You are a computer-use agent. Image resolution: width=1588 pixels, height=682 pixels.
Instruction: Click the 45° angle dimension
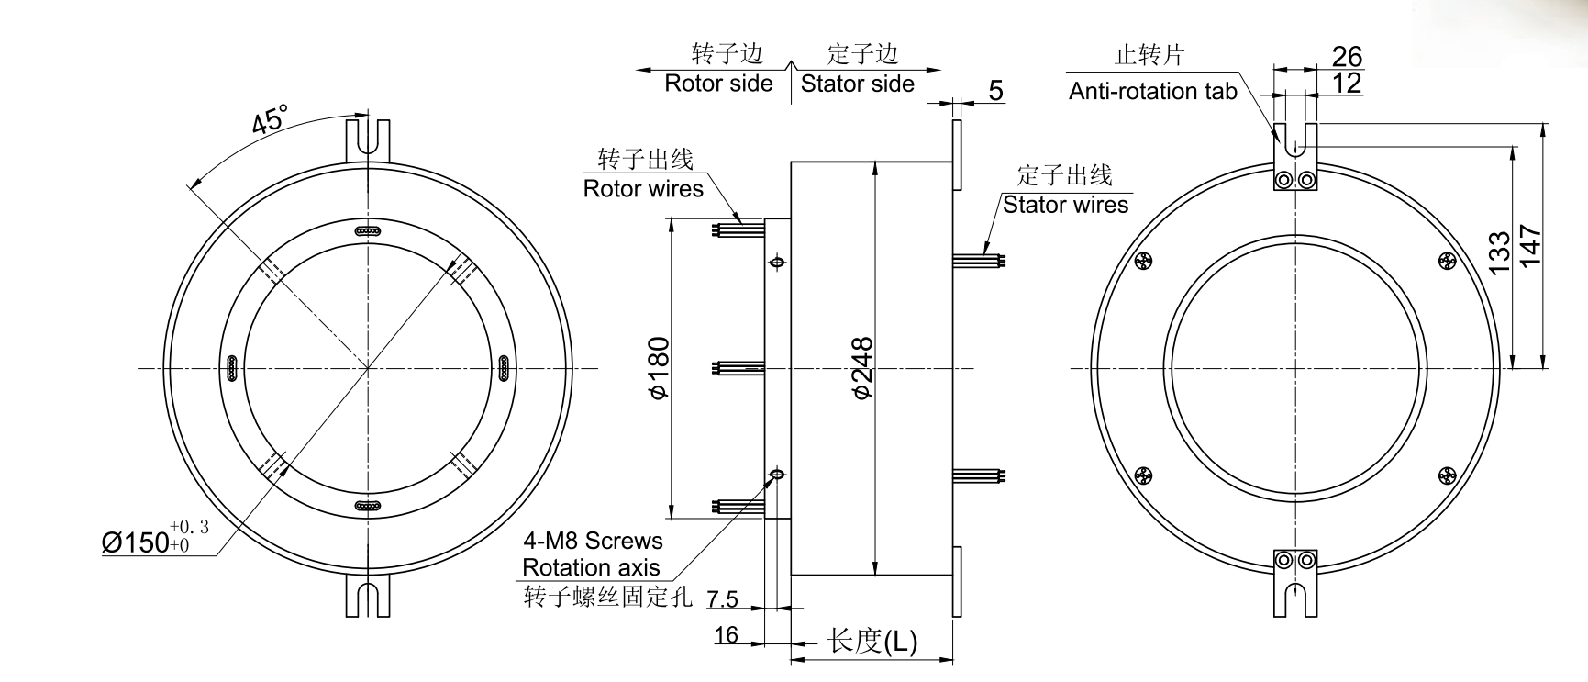coord(270,120)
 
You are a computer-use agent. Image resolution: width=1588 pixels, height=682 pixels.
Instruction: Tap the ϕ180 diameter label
coord(659,368)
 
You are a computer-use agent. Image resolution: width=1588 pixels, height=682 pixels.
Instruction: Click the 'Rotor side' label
coord(718,84)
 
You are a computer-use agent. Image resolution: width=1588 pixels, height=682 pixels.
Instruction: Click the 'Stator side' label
coord(857,84)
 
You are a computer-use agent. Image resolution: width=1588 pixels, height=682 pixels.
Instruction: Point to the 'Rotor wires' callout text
coord(643,189)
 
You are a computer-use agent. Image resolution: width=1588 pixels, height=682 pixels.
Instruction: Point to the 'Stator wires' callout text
coord(1065,204)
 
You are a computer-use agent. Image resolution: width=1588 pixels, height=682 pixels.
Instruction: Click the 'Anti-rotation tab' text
coord(1152,91)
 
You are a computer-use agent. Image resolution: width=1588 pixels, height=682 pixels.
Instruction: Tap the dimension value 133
coord(1497,253)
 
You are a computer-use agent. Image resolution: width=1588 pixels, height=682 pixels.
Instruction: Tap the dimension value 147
coord(1530,245)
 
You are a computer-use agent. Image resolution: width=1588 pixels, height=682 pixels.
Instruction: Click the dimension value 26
coord(1347,56)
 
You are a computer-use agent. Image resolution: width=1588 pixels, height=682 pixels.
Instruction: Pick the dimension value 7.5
coord(723,599)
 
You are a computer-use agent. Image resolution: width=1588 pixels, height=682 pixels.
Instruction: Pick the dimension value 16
coord(726,634)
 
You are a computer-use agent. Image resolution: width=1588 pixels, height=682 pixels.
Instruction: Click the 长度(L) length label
coord(872,641)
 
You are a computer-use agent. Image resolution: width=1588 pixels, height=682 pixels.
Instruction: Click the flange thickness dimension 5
coord(996,91)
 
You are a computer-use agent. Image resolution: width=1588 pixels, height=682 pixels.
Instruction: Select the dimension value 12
coord(1347,83)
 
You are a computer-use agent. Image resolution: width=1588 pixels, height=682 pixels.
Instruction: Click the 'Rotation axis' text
coord(591,567)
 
